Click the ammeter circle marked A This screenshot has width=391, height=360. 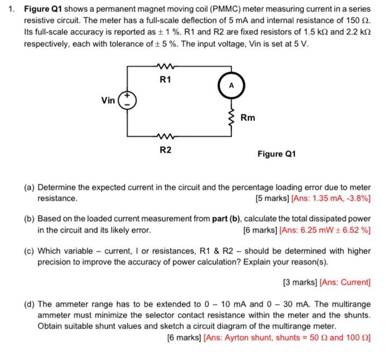230,85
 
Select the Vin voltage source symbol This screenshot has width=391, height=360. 127,101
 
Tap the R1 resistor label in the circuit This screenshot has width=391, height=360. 165,80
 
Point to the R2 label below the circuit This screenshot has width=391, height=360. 165,149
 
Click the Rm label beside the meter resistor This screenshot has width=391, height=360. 248,117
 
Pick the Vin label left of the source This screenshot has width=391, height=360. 108,101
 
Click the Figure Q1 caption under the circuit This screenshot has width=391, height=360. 276,154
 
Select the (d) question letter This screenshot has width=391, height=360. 29,305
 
